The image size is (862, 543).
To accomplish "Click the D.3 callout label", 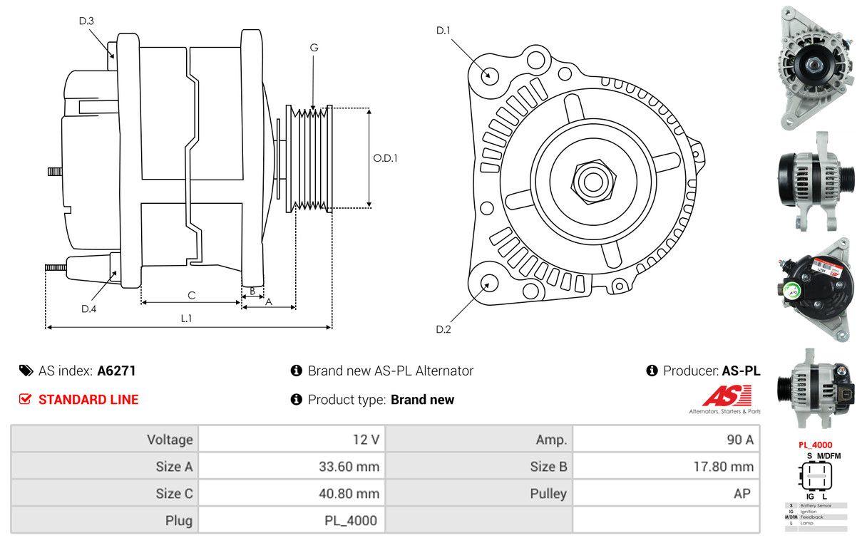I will click(86, 21).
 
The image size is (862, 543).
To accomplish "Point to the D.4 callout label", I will click(88, 309).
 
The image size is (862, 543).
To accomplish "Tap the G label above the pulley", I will click(314, 48).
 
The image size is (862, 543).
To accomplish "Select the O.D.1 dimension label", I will click(385, 158).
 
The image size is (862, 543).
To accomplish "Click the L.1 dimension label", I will click(186, 319).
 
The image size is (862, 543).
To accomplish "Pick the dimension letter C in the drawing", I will click(191, 295).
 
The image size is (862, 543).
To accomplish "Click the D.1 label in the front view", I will click(443, 31).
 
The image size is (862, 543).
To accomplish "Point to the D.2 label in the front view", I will click(443, 329).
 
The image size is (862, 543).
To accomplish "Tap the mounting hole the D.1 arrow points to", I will click(489, 74).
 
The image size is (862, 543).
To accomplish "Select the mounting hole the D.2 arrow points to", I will click(488, 283).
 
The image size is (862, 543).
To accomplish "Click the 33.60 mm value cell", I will click(349, 467).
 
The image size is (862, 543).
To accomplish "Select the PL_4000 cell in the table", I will click(349, 520).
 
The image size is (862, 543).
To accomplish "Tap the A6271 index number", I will click(116, 371).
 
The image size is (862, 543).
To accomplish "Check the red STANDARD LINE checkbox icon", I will click(25, 399).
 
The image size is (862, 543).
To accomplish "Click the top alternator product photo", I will click(814, 68).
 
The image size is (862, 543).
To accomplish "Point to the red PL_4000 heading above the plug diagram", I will click(815, 445).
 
